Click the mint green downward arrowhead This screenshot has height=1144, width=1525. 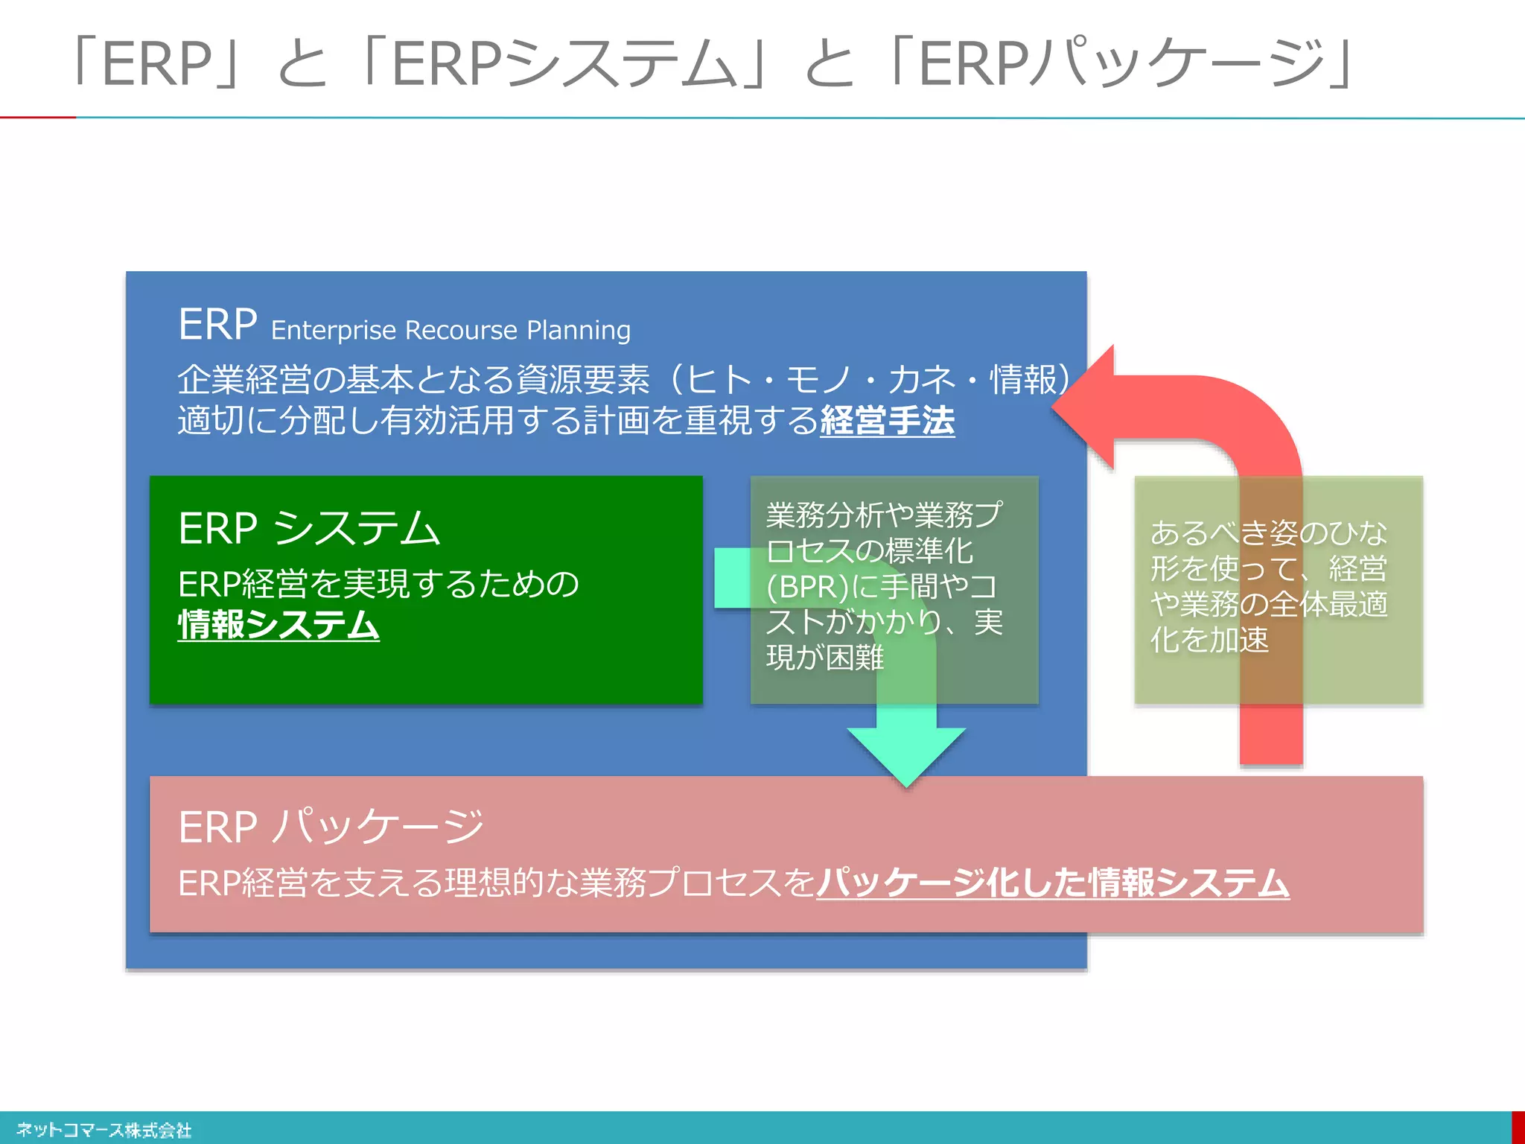coord(906,752)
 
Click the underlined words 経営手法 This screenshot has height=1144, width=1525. coord(887,420)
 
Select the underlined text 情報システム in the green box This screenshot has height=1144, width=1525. coord(278,624)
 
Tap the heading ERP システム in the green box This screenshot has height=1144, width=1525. coord(309,528)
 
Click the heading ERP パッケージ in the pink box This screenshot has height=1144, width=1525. coord(331,827)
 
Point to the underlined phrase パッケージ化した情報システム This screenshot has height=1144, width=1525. coord(1053,883)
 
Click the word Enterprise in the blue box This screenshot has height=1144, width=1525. coord(333,330)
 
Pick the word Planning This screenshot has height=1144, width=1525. coord(579,330)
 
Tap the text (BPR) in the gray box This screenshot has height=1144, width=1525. coord(807,587)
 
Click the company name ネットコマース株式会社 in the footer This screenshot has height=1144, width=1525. coord(104,1130)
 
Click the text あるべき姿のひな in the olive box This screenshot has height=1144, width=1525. coord(1268,533)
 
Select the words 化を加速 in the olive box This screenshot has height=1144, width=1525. coord(1209,640)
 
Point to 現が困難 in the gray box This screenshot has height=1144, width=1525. coord(825,658)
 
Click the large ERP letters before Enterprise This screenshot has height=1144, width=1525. coord(217,325)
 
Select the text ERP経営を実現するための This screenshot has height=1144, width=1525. coord(378,583)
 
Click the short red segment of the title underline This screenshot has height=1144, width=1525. coord(37,117)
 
